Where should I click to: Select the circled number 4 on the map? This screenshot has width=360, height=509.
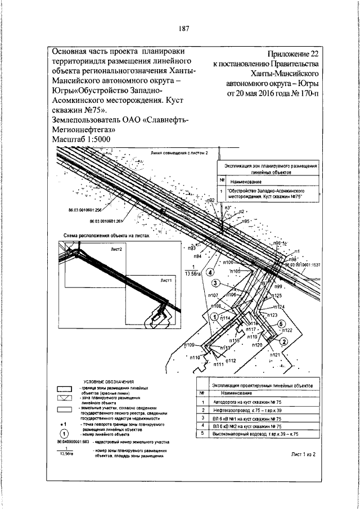click(210, 273)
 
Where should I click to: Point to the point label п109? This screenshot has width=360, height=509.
click(189, 345)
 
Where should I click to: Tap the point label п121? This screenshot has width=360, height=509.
click(275, 355)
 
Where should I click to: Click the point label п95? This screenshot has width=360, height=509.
click(245, 222)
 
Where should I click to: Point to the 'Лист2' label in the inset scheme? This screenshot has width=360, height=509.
click(117, 248)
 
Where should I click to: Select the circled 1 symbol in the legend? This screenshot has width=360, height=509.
click(64, 433)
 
